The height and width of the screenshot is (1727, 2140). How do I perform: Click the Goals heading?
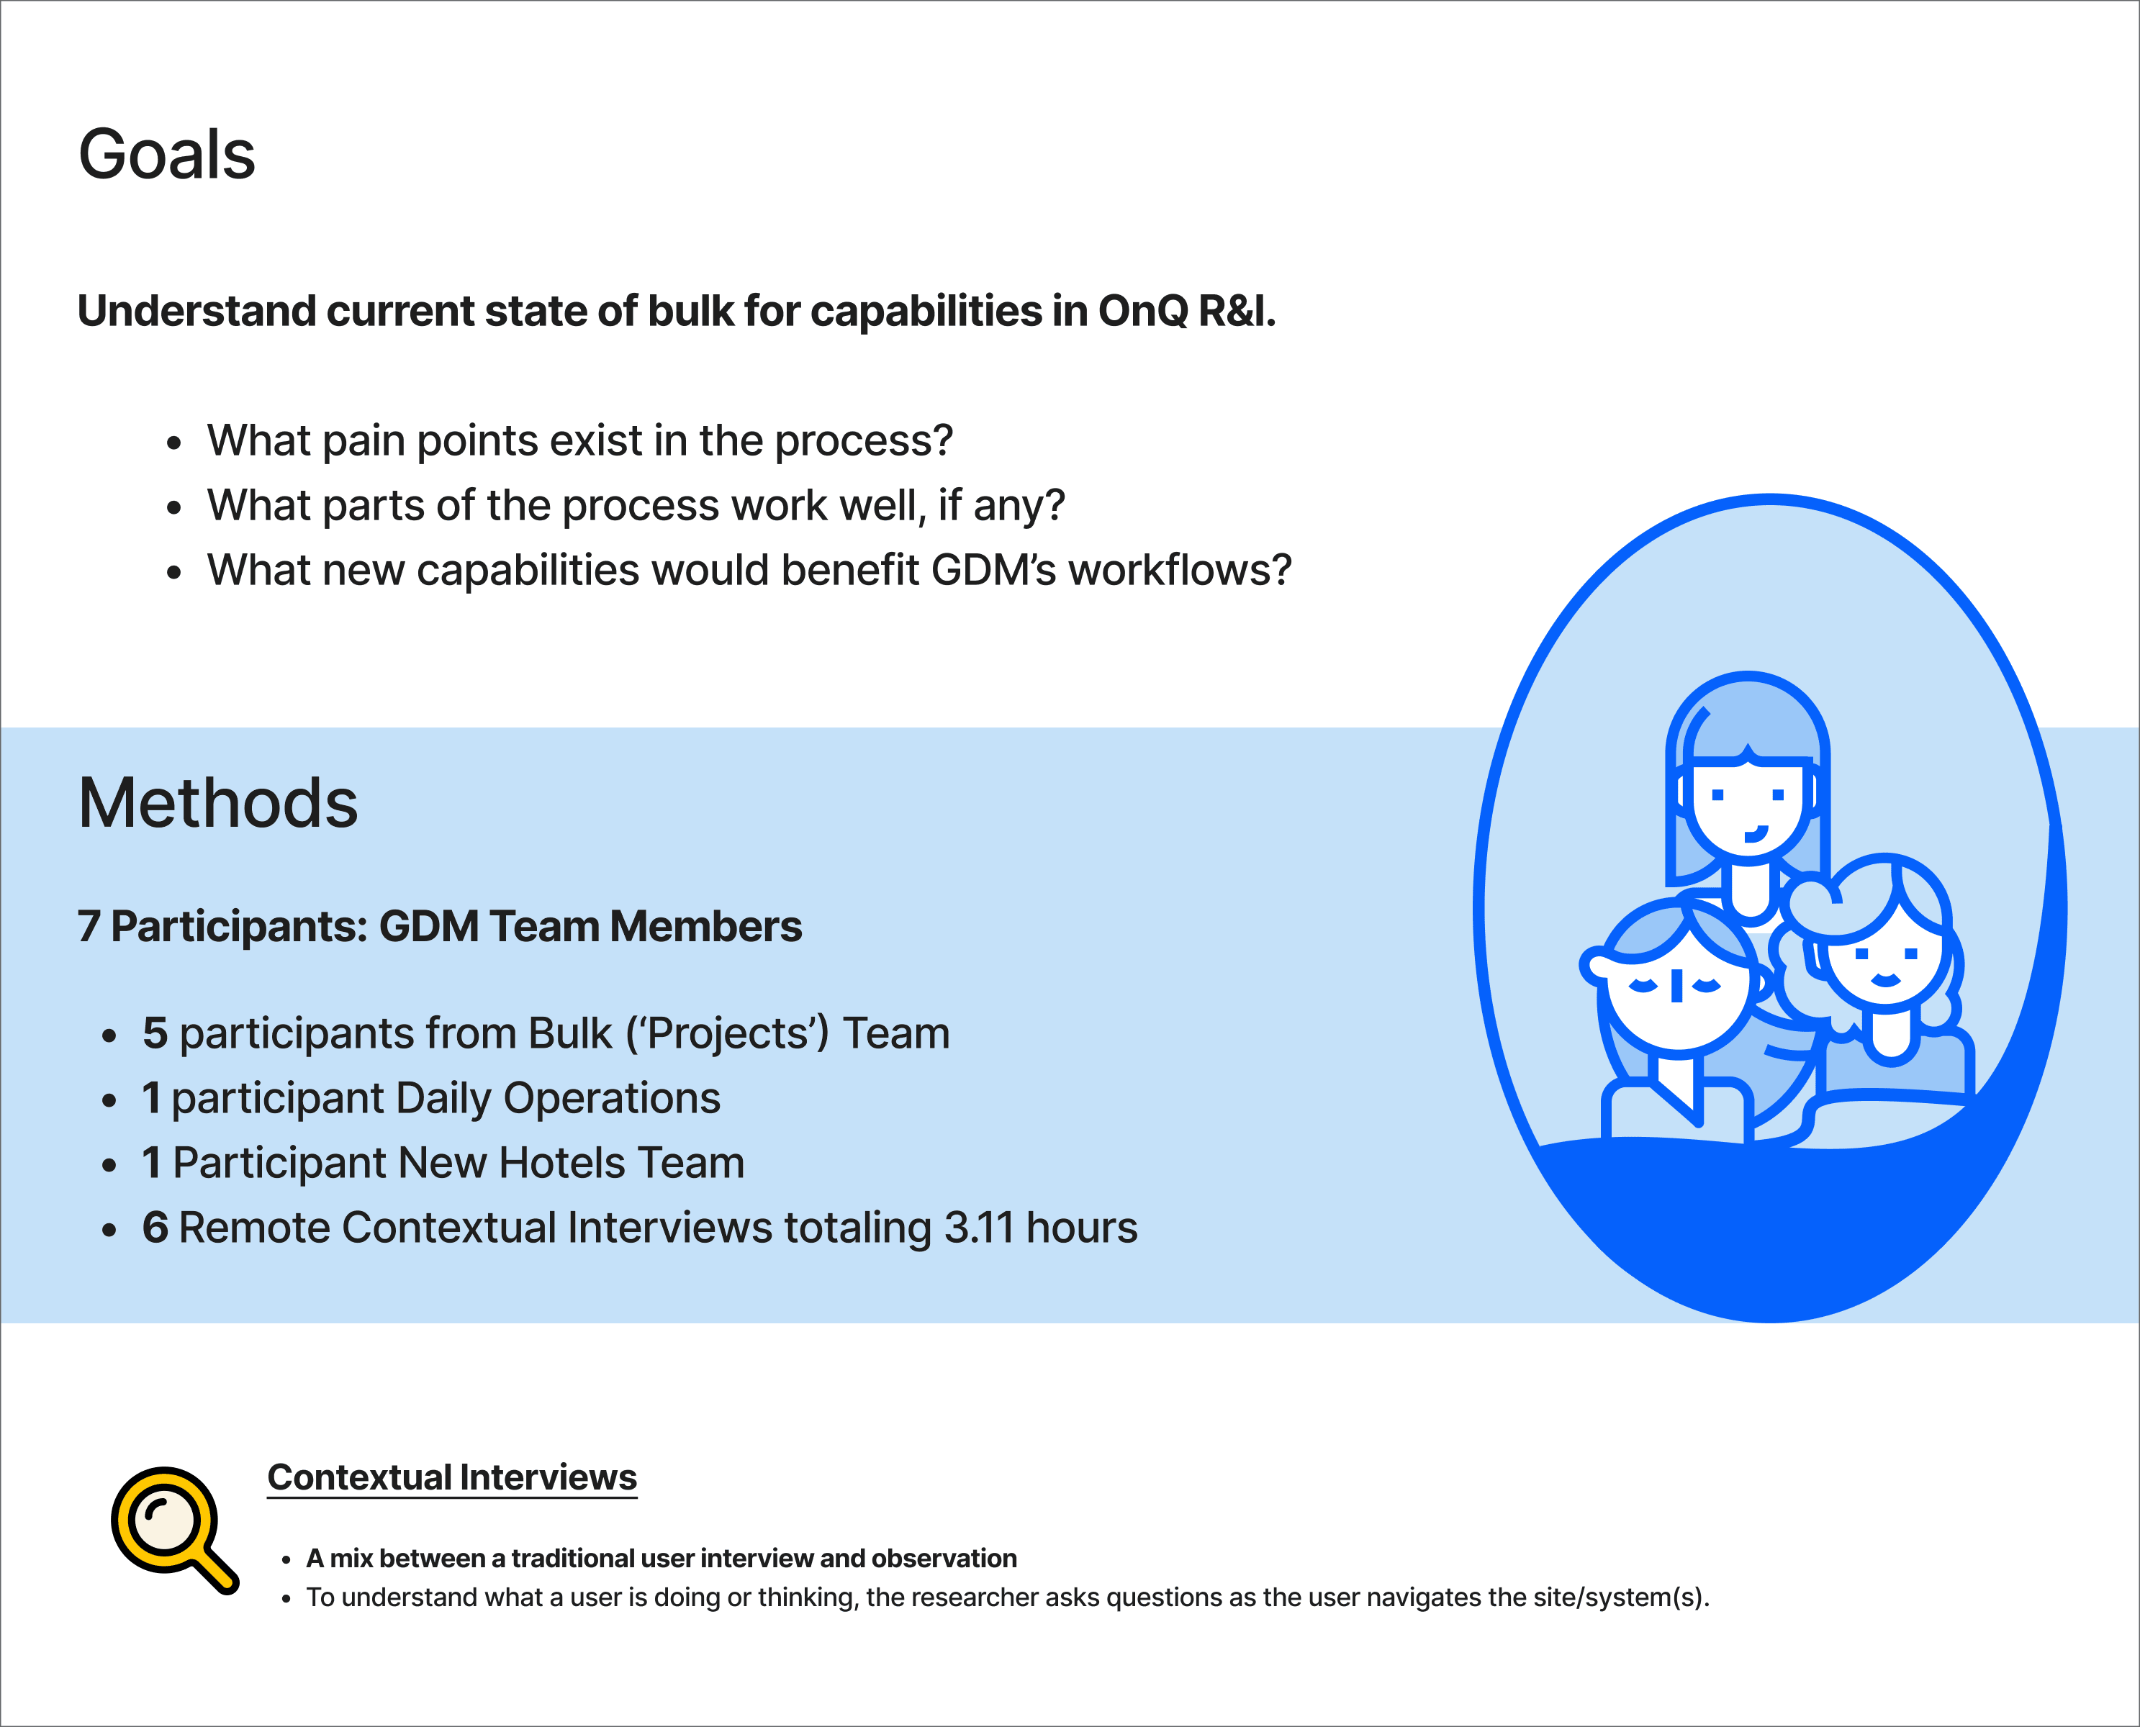[166, 155]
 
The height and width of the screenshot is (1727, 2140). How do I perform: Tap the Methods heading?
[218, 803]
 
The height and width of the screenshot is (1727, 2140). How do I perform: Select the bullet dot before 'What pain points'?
[174, 443]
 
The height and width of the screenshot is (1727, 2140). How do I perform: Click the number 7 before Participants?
[89, 926]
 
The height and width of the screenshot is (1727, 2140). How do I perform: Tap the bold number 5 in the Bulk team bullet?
[155, 1033]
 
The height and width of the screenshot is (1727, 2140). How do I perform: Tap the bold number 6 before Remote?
[155, 1228]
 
